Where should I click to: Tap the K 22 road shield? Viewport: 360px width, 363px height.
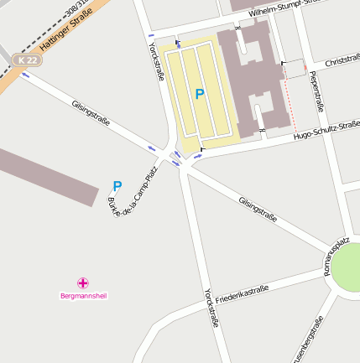click(x=28, y=60)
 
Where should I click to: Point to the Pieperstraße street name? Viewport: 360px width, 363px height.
click(x=316, y=91)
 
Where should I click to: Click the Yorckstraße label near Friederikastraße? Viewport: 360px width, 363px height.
click(x=211, y=308)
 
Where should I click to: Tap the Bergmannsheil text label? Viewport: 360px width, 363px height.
click(x=84, y=296)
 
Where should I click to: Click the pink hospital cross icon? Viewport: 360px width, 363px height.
click(x=83, y=283)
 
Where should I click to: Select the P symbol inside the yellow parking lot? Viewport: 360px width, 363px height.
click(x=199, y=95)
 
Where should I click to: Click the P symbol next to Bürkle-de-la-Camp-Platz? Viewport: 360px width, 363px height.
click(x=117, y=185)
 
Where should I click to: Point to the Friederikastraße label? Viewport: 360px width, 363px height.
click(x=242, y=294)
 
